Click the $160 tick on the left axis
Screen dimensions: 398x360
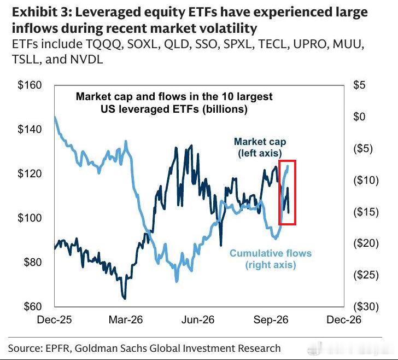click(x=30, y=85)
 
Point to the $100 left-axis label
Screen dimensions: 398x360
click(x=30, y=218)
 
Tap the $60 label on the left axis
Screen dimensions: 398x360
click(x=32, y=306)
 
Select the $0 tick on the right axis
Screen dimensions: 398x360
click(x=359, y=117)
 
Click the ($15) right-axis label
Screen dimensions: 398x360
click(x=366, y=212)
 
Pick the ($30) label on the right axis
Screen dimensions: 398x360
click(x=366, y=306)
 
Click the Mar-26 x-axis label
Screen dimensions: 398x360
click(x=126, y=320)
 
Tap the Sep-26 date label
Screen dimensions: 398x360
click(x=271, y=320)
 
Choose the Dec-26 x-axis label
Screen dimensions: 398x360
click(x=344, y=320)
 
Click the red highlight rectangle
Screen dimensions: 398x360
click(x=279, y=193)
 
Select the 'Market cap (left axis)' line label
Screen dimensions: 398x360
click(x=260, y=147)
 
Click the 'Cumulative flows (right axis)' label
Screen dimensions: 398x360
click(x=271, y=259)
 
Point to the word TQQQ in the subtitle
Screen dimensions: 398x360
click(x=103, y=44)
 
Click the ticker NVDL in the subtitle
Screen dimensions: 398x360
click(x=86, y=59)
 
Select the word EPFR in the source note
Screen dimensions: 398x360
click(x=57, y=349)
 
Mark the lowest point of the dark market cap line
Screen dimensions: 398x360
click(x=125, y=299)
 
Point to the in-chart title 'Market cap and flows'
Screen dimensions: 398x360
click(x=137, y=96)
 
